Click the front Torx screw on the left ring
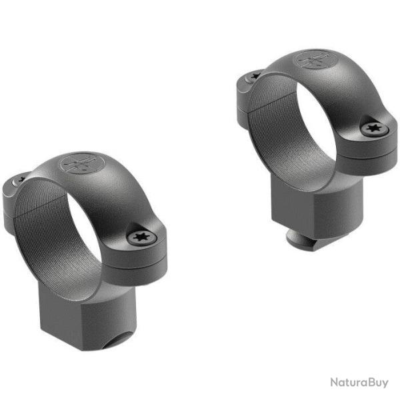pos(141,235)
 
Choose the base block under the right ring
pos(313,200)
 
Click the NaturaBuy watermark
pos(359,383)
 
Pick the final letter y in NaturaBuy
pos(385,384)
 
